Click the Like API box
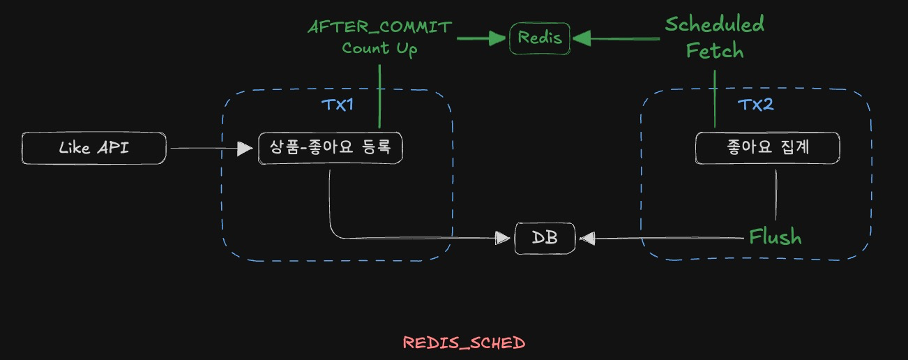pos(94,149)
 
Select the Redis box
pos(540,38)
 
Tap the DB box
pos(545,238)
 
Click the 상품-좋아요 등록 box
pos(331,148)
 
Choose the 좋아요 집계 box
pos(768,148)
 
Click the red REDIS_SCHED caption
pos(464,343)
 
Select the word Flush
pos(775,237)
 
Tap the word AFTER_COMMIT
pos(379,27)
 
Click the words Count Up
pos(379,49)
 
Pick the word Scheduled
pos(714,24)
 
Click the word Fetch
pos(714,50)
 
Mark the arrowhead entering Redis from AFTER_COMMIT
pos(500,38)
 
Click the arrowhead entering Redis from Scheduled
pos(580,38)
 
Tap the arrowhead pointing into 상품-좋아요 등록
pos(244,148)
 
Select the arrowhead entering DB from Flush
pos(587,239)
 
